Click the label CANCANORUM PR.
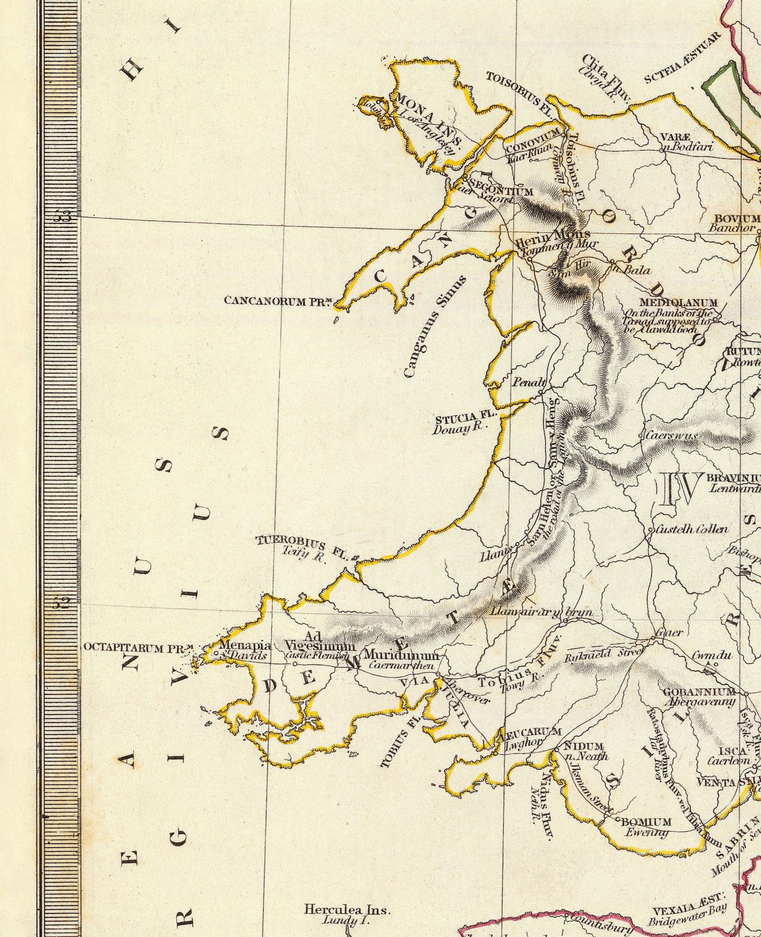pyautogui.click(x=278, y=301)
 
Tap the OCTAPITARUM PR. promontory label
pyautogui.click(x=139, y=648)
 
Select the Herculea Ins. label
pyautogui.click(x=347, y=909)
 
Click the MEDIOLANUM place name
pyautogui.click(x=679, y=303)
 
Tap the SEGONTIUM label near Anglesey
pyautogui.click(x=500, y=187)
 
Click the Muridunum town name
pyautogui.click(x=401, y=655)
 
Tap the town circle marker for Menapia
pyautogui.click(x=216, y=653)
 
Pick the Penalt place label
pyautogui.click(x=529, y=383)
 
